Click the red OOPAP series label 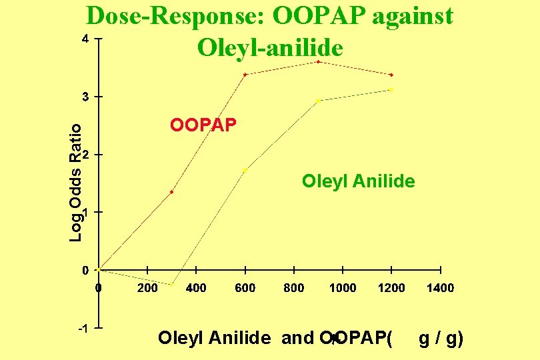203,125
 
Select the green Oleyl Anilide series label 358,181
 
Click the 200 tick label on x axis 147,288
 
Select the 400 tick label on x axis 196,288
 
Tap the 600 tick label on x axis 245,288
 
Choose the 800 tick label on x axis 294,288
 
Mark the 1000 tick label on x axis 343,288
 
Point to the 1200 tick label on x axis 391,288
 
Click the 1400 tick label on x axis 440,288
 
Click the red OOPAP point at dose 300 171,192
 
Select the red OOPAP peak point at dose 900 319,62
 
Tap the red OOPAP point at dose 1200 391,75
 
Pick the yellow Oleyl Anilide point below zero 171,285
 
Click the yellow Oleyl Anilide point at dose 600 245,170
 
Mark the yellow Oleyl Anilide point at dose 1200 391,89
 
